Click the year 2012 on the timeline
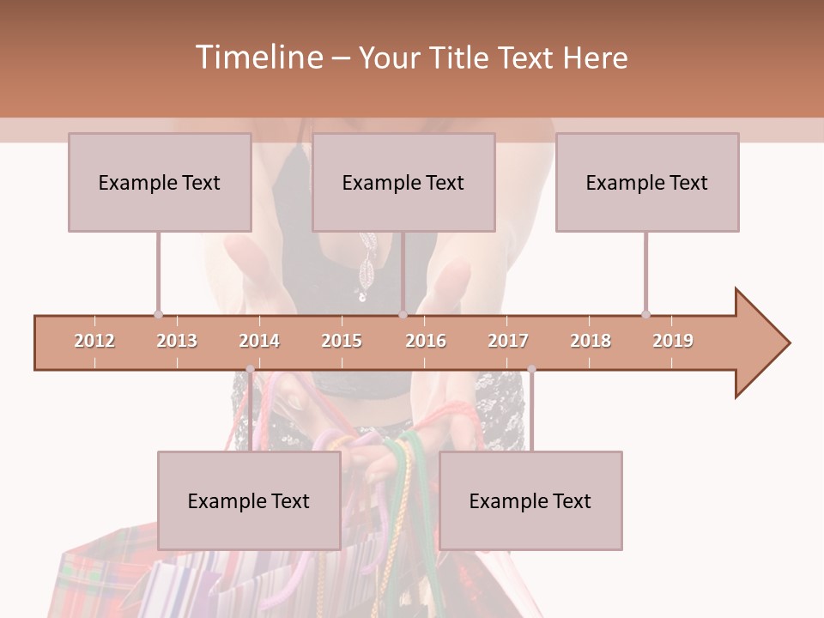coord(94,341)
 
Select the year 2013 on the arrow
coord(177,341)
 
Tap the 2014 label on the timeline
coord(259,341)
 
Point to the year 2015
coord(342,341)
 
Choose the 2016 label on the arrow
coord(426,341)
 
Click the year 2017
coord(508,341)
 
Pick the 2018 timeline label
coord(591,341)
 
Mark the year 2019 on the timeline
coord(673,341)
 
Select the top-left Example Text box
coord(160,182)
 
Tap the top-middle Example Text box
coord(403,182)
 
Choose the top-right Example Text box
coord(647,182)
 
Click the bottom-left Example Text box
coord(249,500)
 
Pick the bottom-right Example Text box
coord(530,500)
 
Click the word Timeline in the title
coord(257,58)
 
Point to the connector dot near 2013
coord(158,315)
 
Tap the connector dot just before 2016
coord(403,315)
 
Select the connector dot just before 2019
coord(645,315)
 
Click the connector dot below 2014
coord(250,370)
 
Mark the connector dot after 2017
coord(531,370)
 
